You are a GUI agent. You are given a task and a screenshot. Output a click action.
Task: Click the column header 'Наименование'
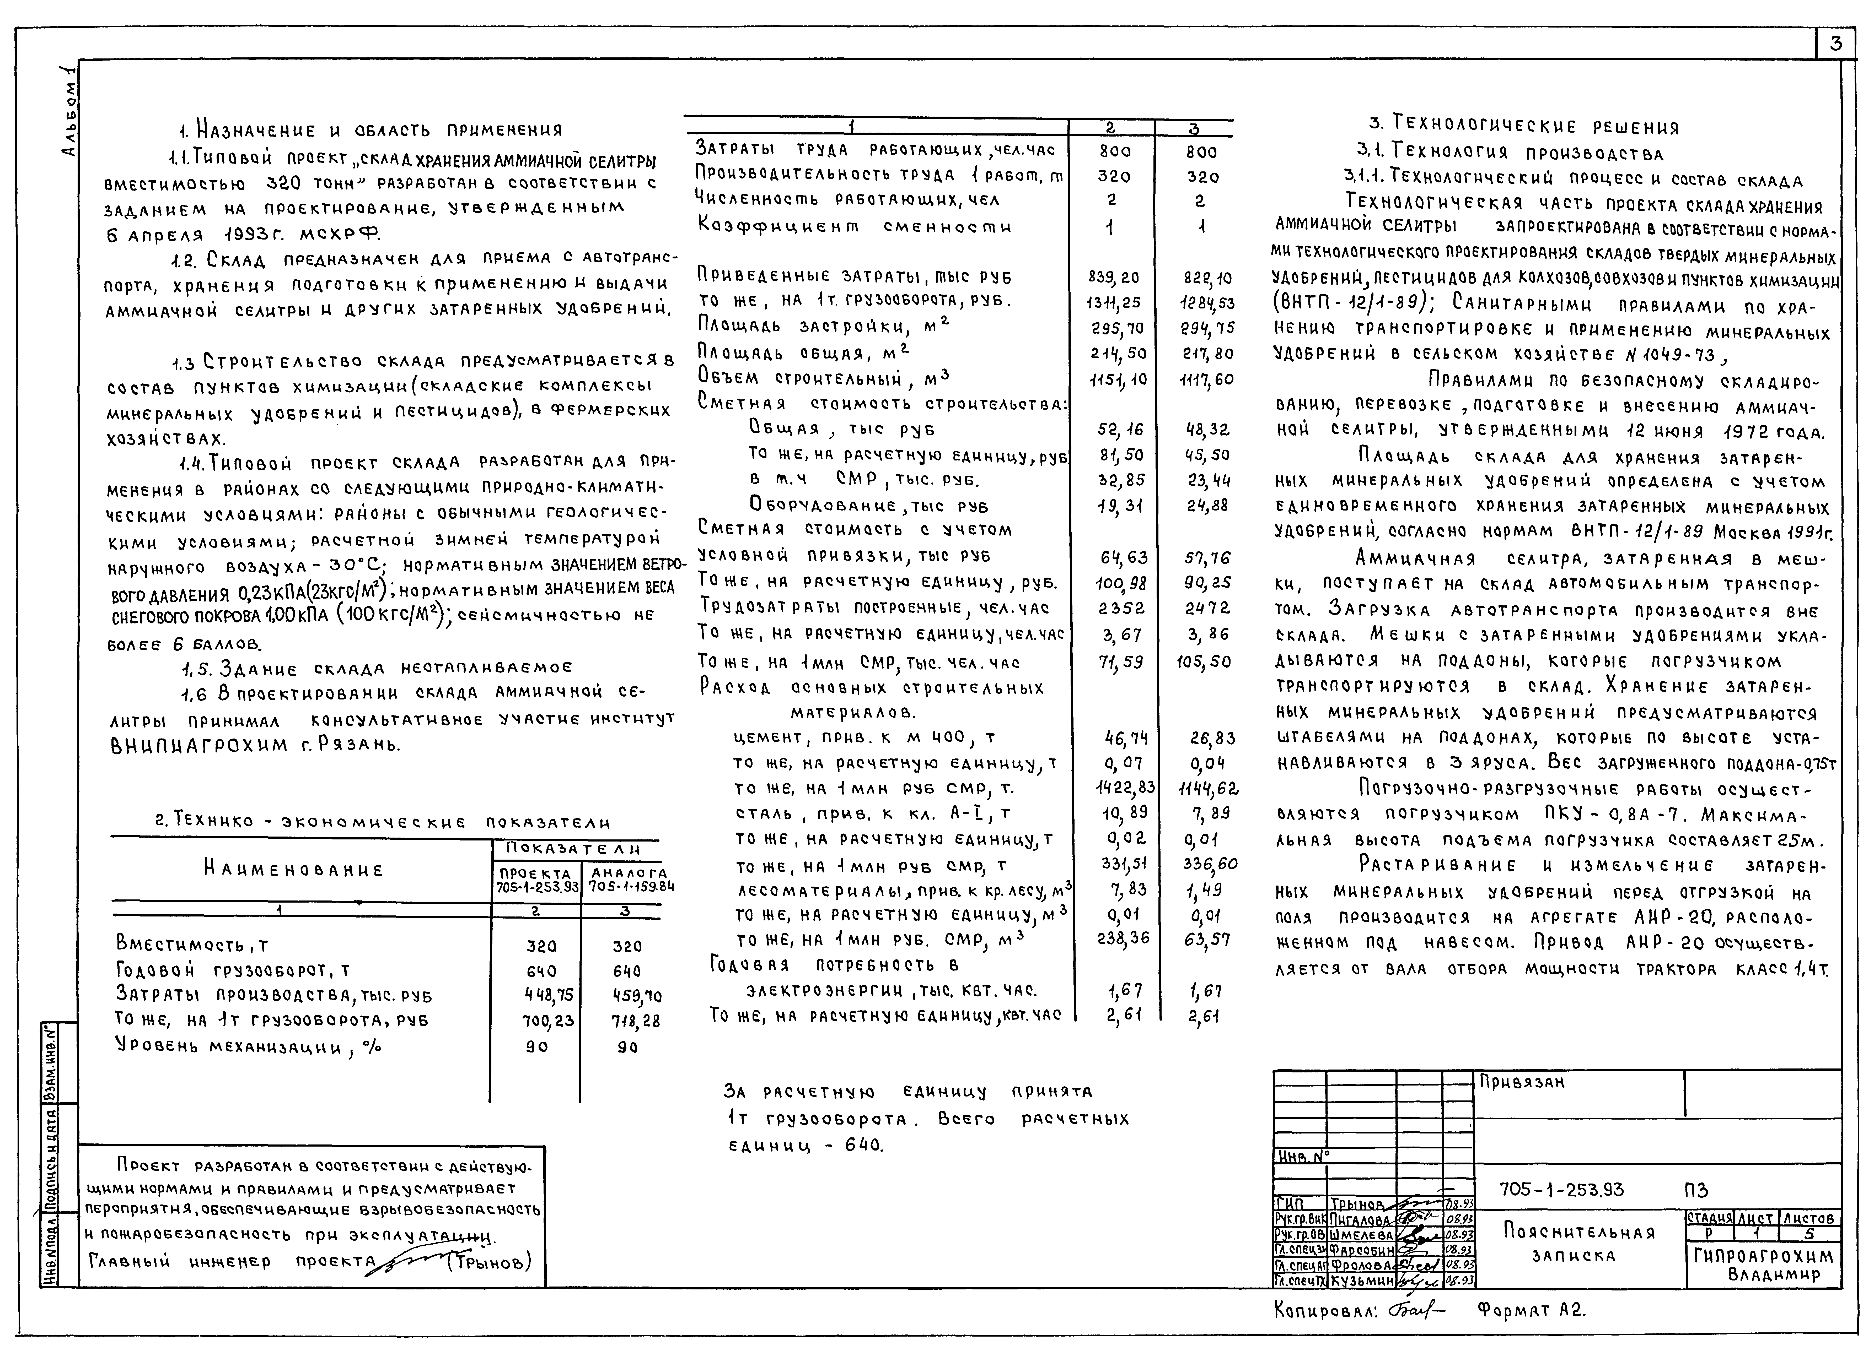pyautogui.click(x=293, y=870)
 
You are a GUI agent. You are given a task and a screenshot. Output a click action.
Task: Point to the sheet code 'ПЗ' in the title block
pyautogui.click(x=1695, y=1190)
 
